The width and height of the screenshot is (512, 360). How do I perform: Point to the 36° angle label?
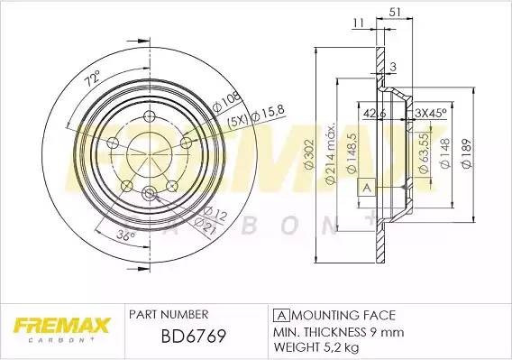tap(127, 236)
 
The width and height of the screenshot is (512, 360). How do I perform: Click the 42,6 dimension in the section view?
tap(375, 113)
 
